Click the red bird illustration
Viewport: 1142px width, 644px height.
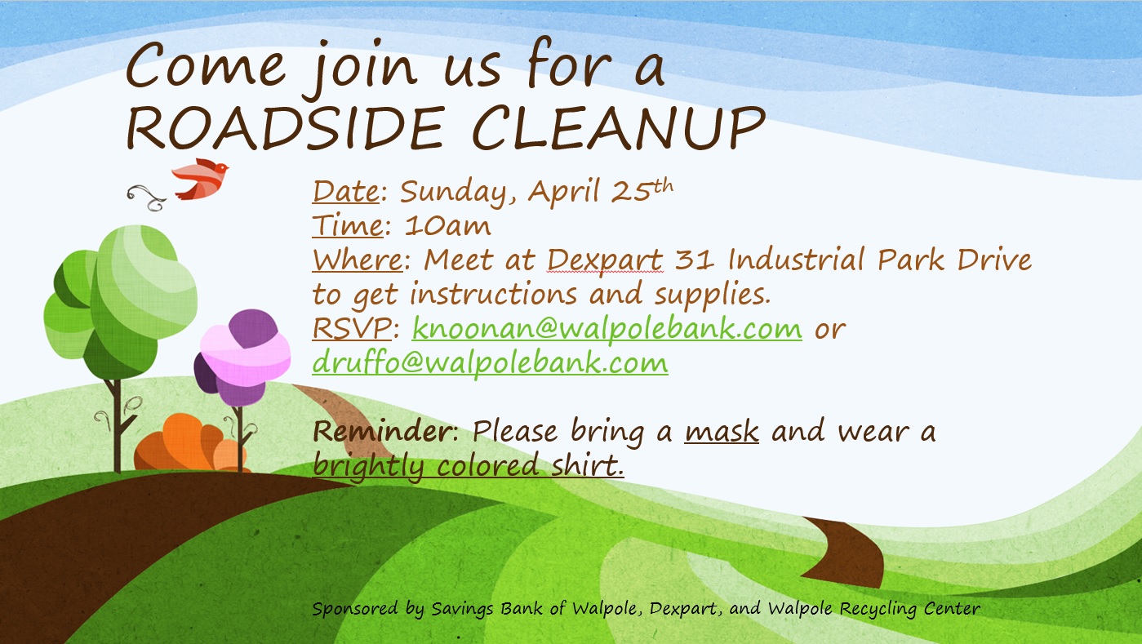point(200,179)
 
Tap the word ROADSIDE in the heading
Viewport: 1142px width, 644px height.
point(285,128)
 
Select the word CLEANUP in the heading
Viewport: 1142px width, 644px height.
point(619,128)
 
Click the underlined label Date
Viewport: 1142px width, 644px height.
point(346,192)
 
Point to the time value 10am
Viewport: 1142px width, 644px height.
point(448,226)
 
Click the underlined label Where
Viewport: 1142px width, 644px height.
point(358,260)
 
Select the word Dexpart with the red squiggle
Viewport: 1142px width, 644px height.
point(605,261)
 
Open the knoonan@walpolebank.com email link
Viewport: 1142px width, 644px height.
point(607,329)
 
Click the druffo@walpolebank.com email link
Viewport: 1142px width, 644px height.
point(490,363)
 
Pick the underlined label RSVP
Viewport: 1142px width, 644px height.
point(352,329)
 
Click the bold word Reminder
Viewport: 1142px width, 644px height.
point(382,431)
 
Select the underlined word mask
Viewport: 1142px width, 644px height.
point(722,433)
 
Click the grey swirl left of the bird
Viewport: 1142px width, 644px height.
point(147,198)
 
